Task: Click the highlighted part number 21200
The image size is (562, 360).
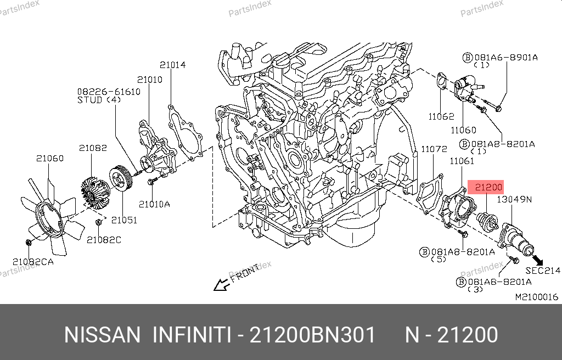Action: pyautogui.click(x=488, y=187)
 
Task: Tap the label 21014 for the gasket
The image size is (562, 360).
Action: pyautogui.click(x=172, y=65)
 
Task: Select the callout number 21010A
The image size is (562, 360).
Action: pyautogui.click(x=154, y=204)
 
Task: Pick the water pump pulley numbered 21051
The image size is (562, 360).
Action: pyautogui.click(x=121, y=178)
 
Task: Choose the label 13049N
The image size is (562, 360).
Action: pyautogui.click(x=514, y=199)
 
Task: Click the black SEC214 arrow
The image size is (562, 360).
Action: pyautogui.click(x=538, y=260)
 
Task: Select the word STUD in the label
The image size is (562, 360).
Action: pyautogui.click(x=89, y=100)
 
